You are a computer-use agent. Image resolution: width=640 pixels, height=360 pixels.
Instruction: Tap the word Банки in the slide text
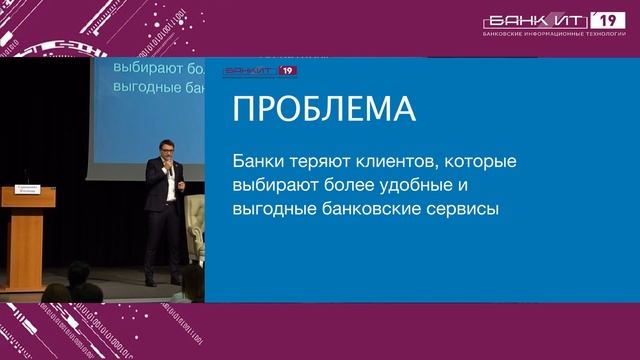click(256, 161)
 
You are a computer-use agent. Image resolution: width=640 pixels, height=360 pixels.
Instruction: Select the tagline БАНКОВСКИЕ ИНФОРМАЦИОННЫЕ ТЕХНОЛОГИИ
click(554, 33)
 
